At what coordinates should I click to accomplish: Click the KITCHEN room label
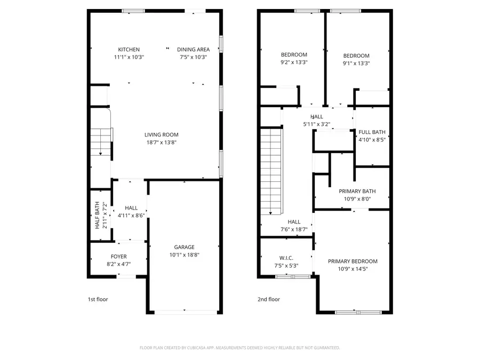click(129, 50)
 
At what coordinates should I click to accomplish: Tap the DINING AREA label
click(193, 50)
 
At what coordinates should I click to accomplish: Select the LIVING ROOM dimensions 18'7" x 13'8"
click(161, 142)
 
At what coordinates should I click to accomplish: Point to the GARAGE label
click(184, 247)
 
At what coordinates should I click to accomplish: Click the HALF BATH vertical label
click(97, 215)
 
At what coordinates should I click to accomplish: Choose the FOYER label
click(118, 257)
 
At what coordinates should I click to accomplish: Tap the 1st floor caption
click(98, 299)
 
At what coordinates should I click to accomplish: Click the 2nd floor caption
click(268, 299)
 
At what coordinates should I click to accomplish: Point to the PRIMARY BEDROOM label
click(353, 261)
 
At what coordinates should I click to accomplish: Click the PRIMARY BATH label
click(357, 191)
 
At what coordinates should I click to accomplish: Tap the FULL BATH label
click(372, 132)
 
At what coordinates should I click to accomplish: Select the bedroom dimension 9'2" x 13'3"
click(294, 62)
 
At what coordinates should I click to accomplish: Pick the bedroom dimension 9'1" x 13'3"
click(356, 63)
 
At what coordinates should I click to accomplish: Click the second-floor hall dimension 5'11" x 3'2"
click(317, 124)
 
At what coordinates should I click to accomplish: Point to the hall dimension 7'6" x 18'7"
click(294, 229)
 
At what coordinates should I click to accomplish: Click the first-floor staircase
click(100, 143)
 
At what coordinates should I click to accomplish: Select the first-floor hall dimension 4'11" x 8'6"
click(131, 215)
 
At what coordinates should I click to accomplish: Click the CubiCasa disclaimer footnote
click(239, 348)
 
